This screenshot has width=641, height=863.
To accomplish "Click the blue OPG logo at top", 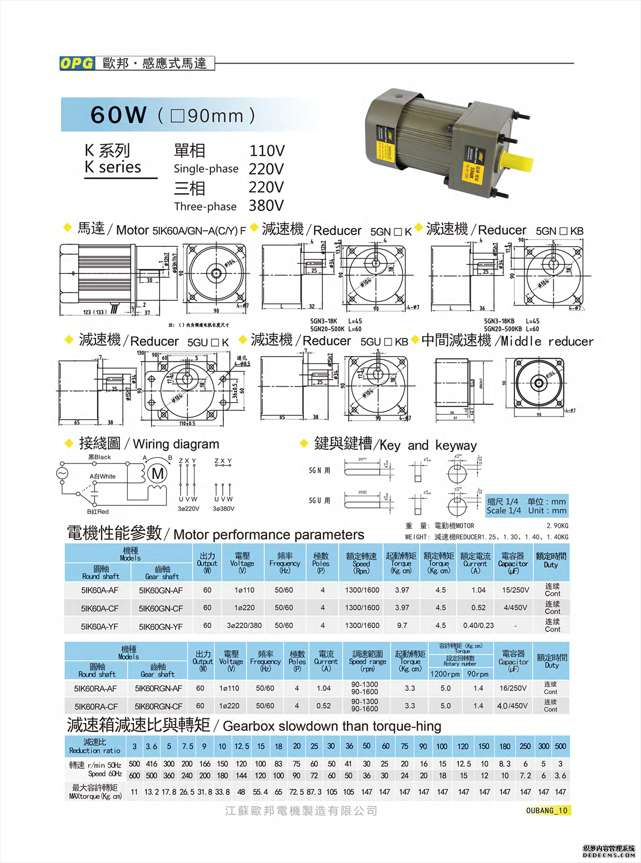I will pyautogui.click(x=77, y=63).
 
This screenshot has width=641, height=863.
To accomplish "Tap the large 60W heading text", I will pyautogui.click(x=119, y=115).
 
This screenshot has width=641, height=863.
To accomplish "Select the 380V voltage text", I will pyautogui.click(x=266, y=206).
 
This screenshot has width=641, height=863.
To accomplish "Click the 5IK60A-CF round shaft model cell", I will pyautogui.click(x=100, y=608).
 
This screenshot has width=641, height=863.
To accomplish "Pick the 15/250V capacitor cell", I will pyautogui.click(x=515, y=590).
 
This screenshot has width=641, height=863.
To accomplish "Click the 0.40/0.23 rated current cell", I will pyautogui.click(x=478, y=625).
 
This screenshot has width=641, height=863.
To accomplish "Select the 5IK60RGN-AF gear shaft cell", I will pyautogui.click(x=158, y=689).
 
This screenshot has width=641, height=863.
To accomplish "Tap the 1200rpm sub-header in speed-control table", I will pyautogui.click(x=445, y=674).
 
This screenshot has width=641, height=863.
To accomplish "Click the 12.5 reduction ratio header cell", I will pyautogui.click(x=241, y=747).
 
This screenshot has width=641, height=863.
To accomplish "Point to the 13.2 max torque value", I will pyautogui.click(x=151, y=792).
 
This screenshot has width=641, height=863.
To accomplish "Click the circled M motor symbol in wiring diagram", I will pyautogui.click(x=158, y=474).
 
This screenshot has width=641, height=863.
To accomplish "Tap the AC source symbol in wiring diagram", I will pyautogui.click(x=62, y=473).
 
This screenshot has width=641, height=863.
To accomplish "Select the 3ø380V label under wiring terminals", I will pyautogui.click(x=223, y=508).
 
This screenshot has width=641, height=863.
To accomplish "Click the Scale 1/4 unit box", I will pyautogui.click(x=526, y=506).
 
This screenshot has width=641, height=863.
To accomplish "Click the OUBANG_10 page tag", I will pyautogui.click(x=547, y=811).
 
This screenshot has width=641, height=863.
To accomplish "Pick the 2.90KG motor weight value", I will pyautogui.click(x=557, y=526).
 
